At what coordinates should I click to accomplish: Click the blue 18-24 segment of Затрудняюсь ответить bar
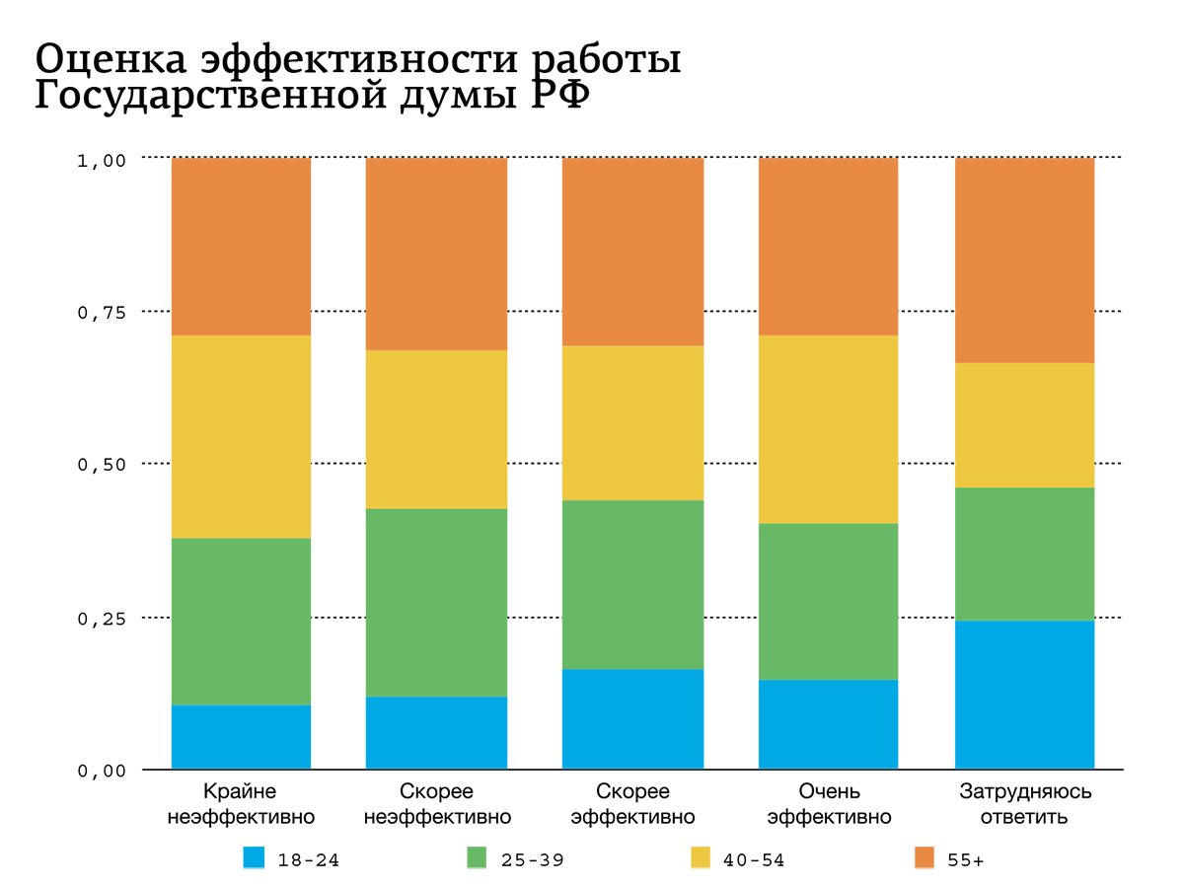1024,695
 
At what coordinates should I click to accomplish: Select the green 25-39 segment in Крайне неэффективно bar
241,621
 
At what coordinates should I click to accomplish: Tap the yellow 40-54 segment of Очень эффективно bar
828,429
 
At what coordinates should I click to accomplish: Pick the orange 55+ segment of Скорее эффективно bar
632,252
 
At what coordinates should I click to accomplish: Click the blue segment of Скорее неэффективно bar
436,732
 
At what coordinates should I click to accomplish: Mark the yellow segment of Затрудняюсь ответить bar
1024,425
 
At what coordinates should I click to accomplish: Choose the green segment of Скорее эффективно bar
632,584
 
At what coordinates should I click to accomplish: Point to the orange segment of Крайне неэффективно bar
241,247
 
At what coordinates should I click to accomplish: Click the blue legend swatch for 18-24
255,858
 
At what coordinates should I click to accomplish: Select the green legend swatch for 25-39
478,858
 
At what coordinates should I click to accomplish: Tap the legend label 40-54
754,860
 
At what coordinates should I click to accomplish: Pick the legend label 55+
965,860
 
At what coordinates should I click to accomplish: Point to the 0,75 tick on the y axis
101,312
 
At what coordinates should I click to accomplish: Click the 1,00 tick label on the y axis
101,160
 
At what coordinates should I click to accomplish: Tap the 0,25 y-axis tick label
101,619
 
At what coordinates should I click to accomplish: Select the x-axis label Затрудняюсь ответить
1025,804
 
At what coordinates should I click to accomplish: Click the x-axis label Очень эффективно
829,804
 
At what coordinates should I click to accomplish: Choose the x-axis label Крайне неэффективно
241,804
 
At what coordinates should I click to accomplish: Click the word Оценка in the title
109,60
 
